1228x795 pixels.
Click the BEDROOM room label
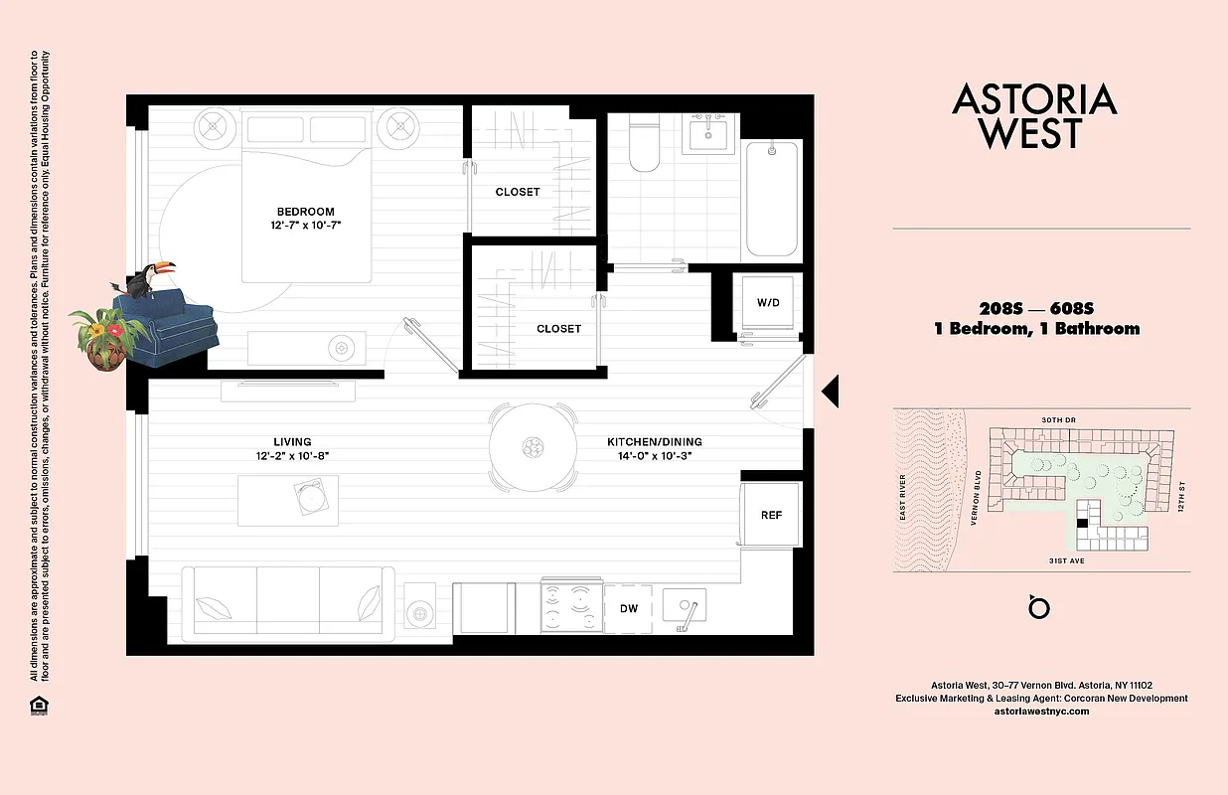click(x=305, y=211)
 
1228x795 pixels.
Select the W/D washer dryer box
click(x=768, y=302)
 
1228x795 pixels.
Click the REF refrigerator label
click(x=771, y=515)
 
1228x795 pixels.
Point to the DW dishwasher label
click(x=628, y=608)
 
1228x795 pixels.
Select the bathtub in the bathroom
click(x=772, y=199)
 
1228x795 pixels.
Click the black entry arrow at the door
click(x=831, y=392)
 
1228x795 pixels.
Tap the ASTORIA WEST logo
click(x=1034, y=116)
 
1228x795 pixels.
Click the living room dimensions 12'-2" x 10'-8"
click(x=292, y=457)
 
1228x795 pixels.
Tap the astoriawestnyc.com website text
click(x=1041, y=711)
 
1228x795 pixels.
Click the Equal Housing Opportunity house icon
click(x=39, y=707)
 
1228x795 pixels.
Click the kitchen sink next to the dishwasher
click(x=685, y=606)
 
